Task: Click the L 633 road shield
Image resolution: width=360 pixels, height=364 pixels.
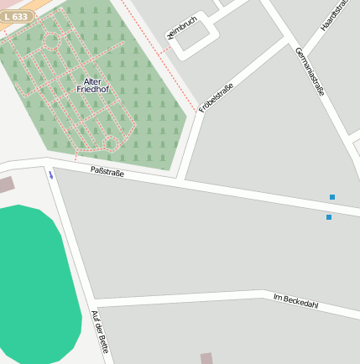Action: click(x=18, y=17)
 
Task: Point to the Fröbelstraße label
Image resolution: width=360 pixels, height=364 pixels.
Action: click(x=216, y=98)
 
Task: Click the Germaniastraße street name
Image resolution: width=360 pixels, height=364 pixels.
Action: click(x=309, y=71)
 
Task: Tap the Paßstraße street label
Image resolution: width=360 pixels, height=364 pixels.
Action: click(x=107, y=172)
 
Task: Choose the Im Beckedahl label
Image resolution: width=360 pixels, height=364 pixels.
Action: click(x=295, y=299)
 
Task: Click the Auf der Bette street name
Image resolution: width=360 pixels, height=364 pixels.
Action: click(x=100, y=331)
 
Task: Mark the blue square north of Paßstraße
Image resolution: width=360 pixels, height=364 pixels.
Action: click(x=332, y=197)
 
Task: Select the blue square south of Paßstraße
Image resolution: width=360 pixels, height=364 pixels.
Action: click(x=329, y=217)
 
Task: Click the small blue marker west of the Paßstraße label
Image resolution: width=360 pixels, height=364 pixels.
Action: click(x=50, y=174)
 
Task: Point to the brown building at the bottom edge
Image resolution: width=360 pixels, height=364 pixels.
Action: click(x=206, y=358)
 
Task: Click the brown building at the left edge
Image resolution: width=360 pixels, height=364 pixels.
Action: click(x=6, y=185)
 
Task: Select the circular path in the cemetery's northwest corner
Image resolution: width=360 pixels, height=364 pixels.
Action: click(x=50, y=40)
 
